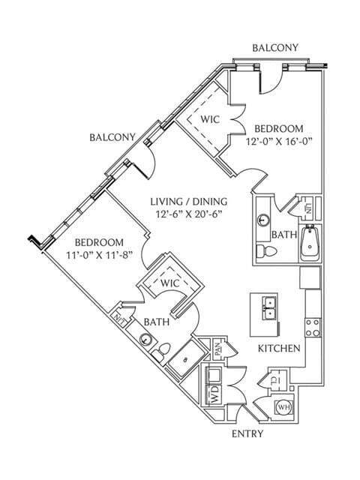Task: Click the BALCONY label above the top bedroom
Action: [x=275, y=48]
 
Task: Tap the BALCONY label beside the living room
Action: [x=112, y=137]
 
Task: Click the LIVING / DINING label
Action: [x=188, y=202]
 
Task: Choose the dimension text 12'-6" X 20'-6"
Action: [x=188, y=216]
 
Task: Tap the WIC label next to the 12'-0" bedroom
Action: [x=209, y=118]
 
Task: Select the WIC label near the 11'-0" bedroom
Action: [x=169, y=283]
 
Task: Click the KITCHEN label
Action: [x=280, y=349]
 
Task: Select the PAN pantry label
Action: [x=217, y=349]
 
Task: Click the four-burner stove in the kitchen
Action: [x=313, y=328]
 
